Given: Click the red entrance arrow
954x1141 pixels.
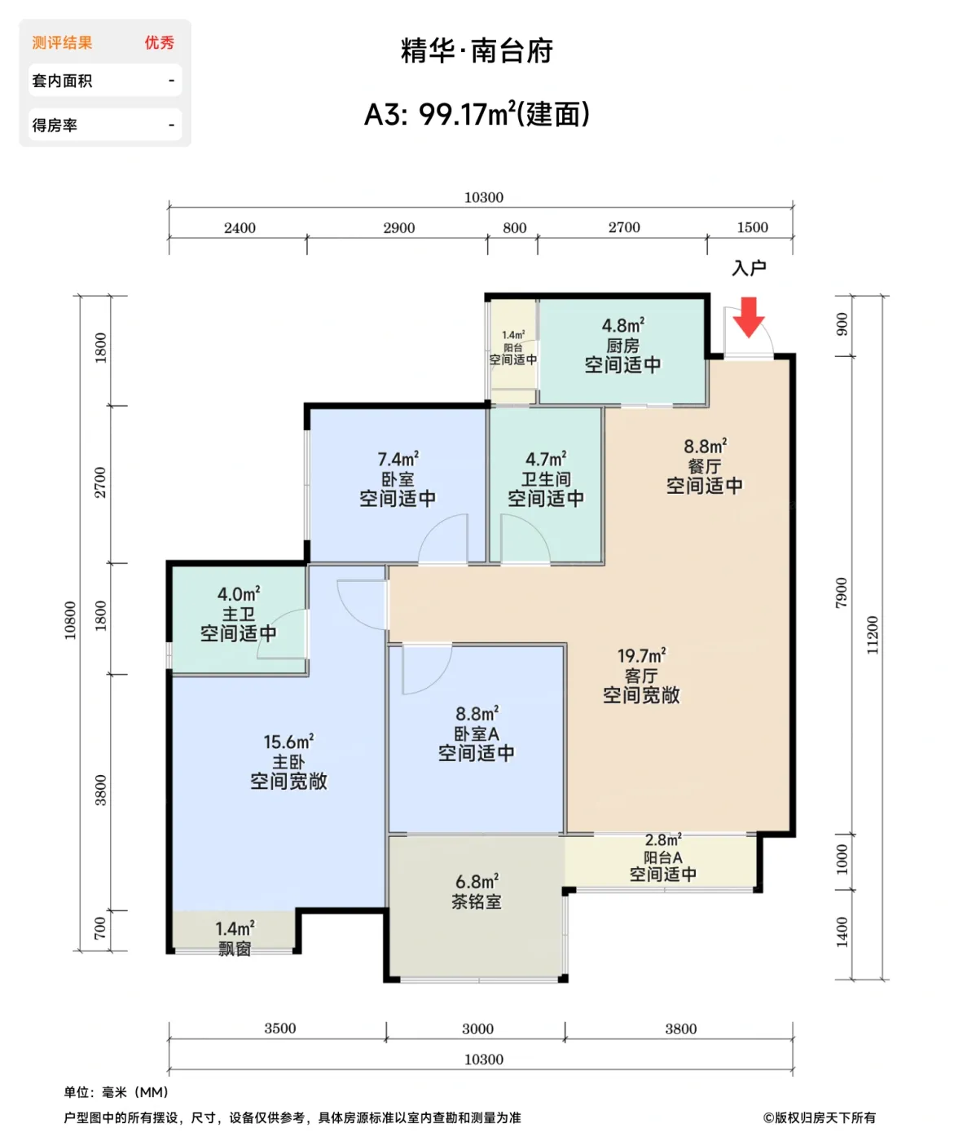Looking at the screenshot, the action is [x=748, y=317].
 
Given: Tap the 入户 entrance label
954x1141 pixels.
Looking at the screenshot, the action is [x=749, y=268].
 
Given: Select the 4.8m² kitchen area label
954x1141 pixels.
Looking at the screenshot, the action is [x=623, y=326].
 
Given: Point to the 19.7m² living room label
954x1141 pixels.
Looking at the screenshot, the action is [x=641, y=655].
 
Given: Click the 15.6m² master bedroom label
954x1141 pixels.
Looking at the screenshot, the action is [x=288, y=742].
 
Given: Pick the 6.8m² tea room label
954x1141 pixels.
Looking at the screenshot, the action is [x=477, y=882].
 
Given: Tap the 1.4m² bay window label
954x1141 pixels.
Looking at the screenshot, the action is [x=235, y=928].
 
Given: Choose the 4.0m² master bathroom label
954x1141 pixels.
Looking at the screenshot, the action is [x=239, y=593].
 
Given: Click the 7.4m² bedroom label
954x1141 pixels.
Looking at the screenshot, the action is [x=398, y=459].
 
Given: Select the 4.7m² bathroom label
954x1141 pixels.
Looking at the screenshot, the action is [x=546, y=459].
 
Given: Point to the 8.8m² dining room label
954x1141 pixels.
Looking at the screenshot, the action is [x=705, y=446].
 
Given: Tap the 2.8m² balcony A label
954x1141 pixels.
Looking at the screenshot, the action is [x=663, y=839].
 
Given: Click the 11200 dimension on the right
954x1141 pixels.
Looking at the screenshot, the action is [x=873, y=635].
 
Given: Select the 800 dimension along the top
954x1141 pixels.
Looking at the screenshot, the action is [x=514, y=228].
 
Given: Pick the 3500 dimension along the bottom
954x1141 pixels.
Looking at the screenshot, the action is [x=279, y=1029].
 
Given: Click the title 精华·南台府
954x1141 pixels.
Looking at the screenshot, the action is [x=477, y=51].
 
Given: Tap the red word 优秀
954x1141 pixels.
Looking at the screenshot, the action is [x=159, y=42].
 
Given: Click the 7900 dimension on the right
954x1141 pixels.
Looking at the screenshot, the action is [x=842, y=593].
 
